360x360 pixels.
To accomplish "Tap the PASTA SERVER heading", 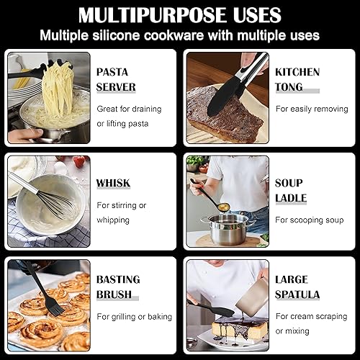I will pyautogui.click(x=115, y=79).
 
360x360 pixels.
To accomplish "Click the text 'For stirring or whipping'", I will pyautogui.click(x=122, y=212).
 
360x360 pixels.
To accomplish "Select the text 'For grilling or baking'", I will pyautogui.click(x=134, y=316).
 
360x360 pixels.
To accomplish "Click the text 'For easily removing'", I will pyautogui.click(x=311, y=108).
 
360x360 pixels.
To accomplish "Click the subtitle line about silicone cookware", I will pyautogui.click(x=179, y=35).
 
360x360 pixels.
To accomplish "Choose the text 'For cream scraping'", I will pyautogui.click(x=311, y=316).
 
